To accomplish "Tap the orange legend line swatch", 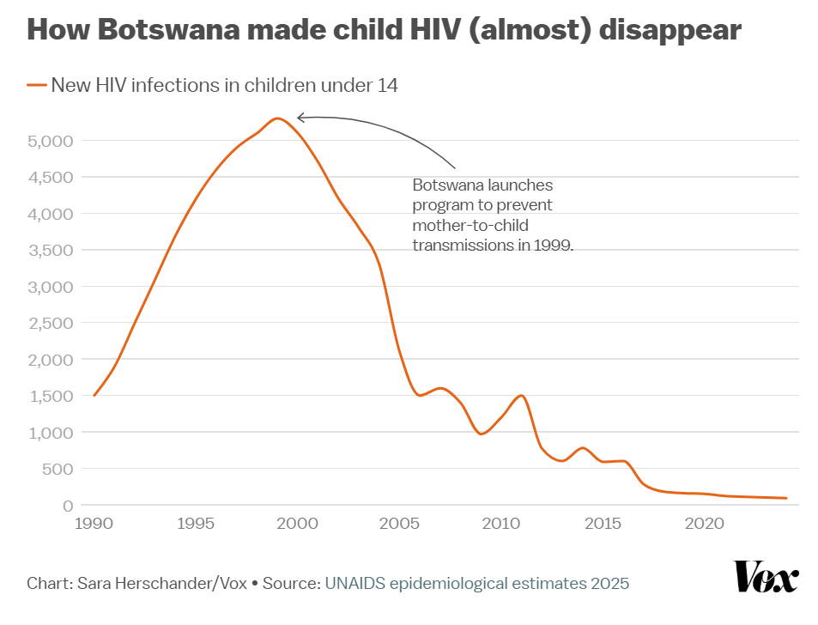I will [36, 85].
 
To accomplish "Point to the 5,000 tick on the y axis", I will [51, 141].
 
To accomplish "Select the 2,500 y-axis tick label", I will [51, 323].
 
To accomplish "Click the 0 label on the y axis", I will [67, 506].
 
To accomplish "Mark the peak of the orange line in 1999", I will [277, 118].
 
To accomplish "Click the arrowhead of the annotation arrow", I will [300, 118].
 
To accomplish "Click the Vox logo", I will [766, 576].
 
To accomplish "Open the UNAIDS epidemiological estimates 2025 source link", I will [476, 584].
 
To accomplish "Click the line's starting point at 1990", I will [94, 396].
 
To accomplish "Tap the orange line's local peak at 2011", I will [521, 396].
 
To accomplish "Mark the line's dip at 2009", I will [481, 434].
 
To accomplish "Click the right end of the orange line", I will [785, 498].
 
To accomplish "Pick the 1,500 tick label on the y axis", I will [51, 396].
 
